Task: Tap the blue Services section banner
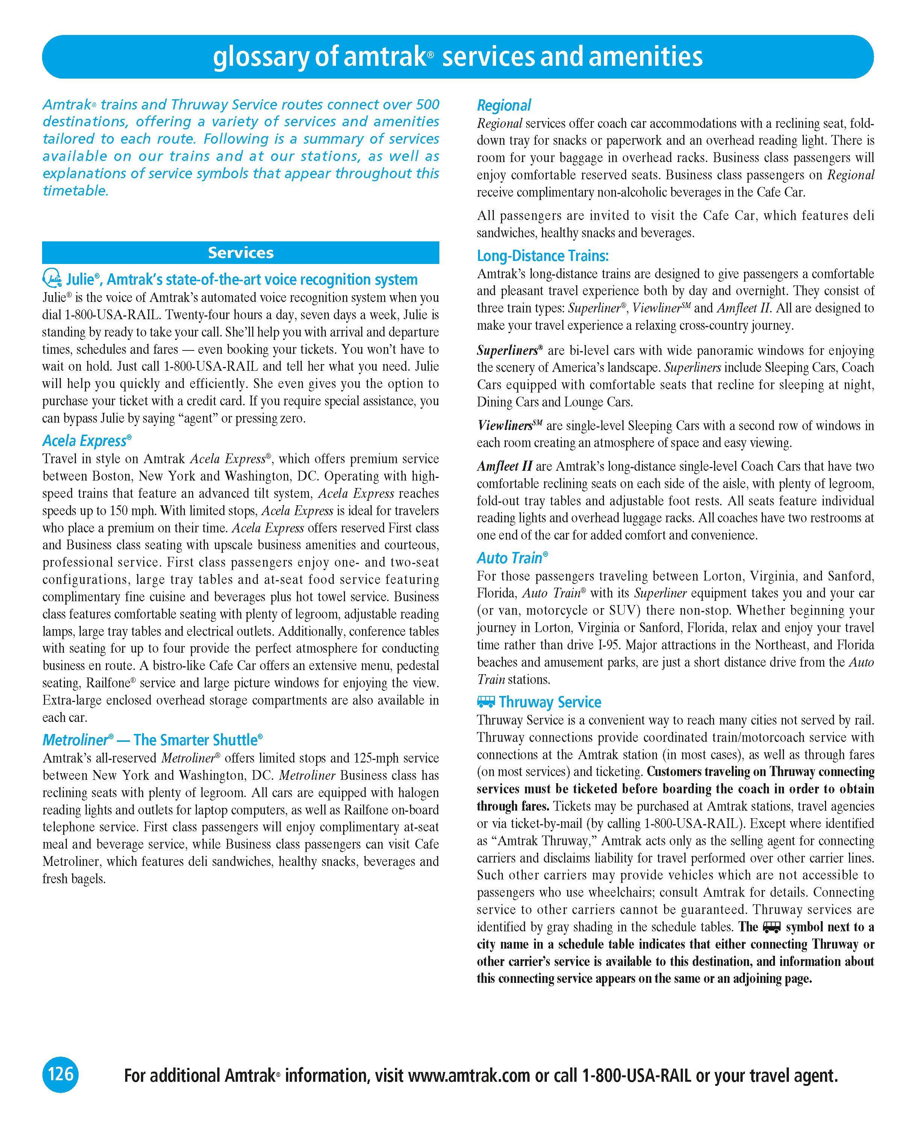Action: pyautogui.click(x=241, y=253)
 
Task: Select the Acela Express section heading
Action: pyautogui.click(x=87, y=441)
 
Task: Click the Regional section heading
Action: pyautogui.click(x=504, y=105)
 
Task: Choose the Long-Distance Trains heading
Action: pyautogui.click(x=543, y=256)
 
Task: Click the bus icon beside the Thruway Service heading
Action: pyautogui.click(x=486, y=702)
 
